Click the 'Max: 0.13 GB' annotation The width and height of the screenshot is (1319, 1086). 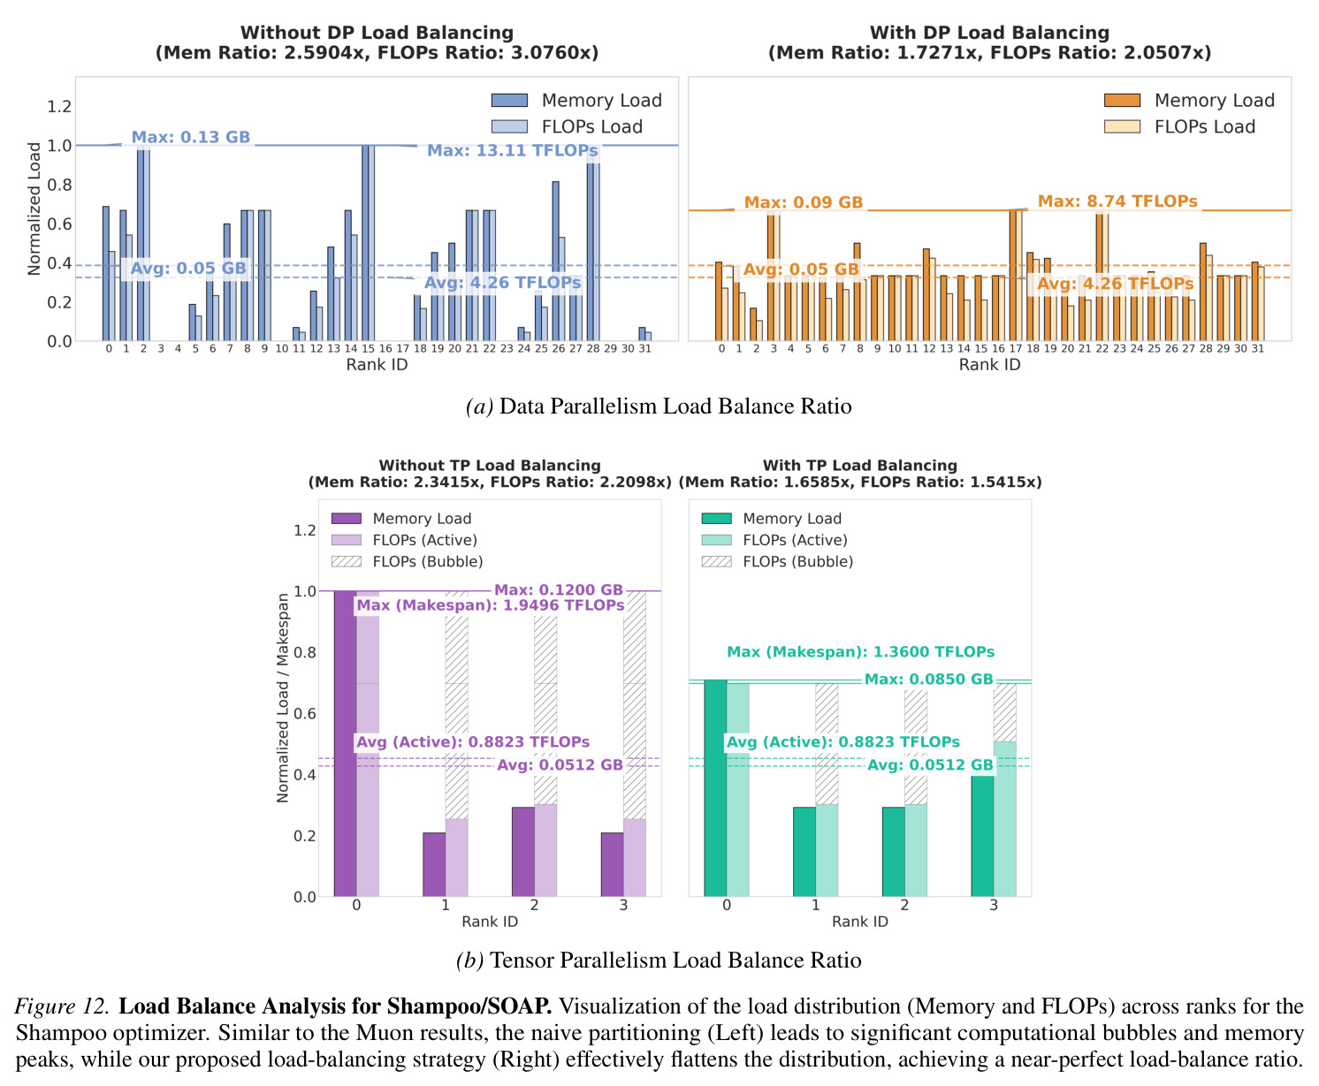(190, 137)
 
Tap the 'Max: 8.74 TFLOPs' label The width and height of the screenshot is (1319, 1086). (1117, 201)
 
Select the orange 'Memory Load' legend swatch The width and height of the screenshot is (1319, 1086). (1121, 101)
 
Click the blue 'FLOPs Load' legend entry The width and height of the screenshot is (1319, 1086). (568, 127)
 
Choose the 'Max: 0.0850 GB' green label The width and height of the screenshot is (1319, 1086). (928, 679)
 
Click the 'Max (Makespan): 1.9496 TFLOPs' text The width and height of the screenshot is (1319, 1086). (490, 605)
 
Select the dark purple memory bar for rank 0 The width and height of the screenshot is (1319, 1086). (345, 743)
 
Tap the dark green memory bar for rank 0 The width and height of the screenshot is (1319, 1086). (715, 788)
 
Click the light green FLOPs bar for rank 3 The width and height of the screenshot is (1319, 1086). (1004, 819)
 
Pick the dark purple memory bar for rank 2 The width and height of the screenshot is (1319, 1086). (523, 851)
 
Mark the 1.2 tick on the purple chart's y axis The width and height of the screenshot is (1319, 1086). (304, 530)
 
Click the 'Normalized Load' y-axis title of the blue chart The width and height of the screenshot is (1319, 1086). (34, 209)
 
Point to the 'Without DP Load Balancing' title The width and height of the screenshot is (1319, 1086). (377, 32)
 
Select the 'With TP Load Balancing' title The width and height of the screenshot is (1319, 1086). (860, 466)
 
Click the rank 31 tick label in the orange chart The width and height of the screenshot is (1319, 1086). (1258, 348)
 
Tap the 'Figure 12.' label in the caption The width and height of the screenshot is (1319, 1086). (61, 1006)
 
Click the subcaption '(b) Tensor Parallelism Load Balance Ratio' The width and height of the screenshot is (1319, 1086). (659, 960)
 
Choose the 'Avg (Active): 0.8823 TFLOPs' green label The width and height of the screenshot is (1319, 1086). (842, 742)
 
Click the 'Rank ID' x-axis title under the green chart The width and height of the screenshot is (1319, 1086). (860, 922)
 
